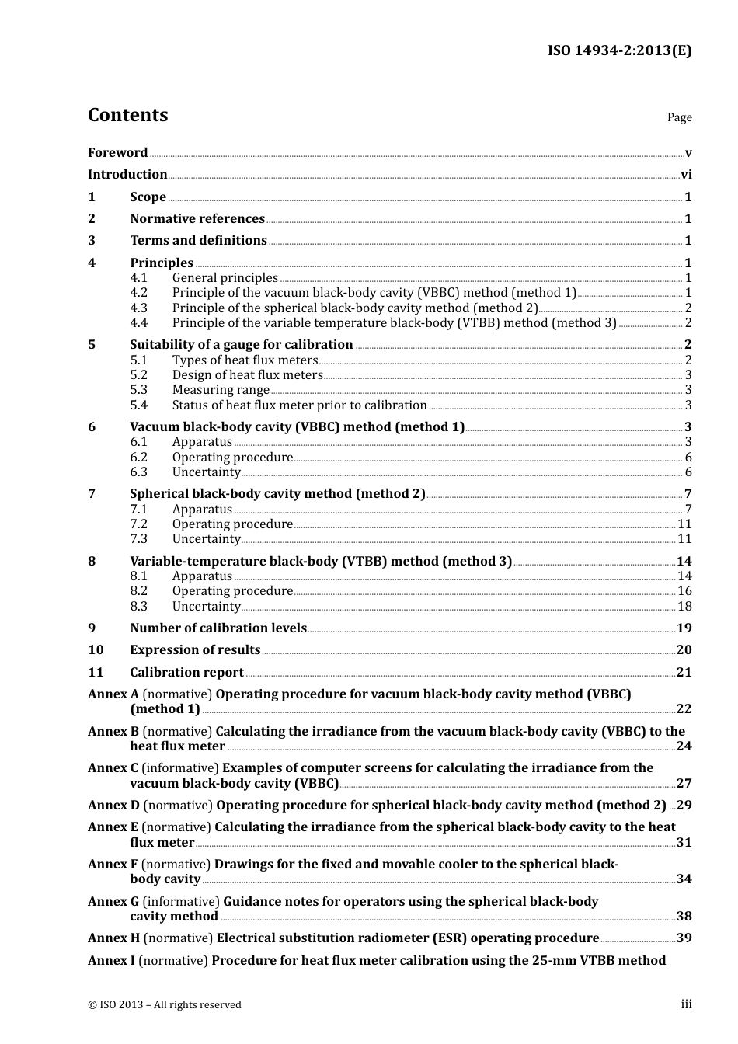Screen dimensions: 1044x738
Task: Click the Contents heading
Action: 127,115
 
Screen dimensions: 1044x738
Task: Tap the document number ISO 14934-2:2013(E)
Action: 619,51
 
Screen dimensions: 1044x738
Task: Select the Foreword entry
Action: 117,153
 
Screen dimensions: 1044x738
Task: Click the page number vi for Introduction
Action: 686,175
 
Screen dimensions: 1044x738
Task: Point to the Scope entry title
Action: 148,197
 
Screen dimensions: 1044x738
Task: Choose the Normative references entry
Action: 197,219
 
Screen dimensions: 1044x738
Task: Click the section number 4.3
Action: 138,308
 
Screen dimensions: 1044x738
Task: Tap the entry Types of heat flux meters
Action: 245,360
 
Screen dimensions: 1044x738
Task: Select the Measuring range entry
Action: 221,390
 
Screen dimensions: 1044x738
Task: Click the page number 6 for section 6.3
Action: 688,472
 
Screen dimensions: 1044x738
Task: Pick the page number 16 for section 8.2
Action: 684,591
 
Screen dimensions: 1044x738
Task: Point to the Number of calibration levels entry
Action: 218,628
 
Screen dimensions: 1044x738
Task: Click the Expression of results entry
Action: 195,650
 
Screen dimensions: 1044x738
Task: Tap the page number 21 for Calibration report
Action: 684,673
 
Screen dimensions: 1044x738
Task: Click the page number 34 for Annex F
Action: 684,879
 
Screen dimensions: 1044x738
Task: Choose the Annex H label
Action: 113,938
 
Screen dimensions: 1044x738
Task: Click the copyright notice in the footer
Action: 165,1005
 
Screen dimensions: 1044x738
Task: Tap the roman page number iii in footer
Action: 686,1004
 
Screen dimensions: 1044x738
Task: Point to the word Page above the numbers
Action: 679,117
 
